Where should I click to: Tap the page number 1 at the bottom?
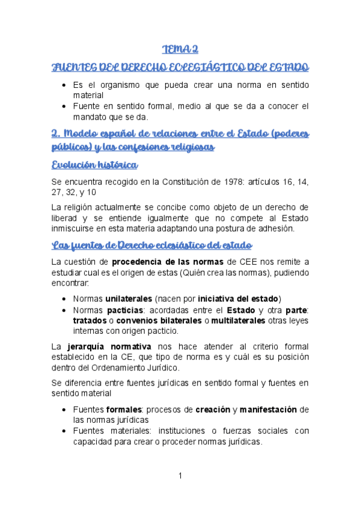180,476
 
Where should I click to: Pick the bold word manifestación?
267,409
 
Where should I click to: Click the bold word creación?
212,409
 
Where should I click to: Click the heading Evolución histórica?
95,165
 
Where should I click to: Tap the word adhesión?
275,229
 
